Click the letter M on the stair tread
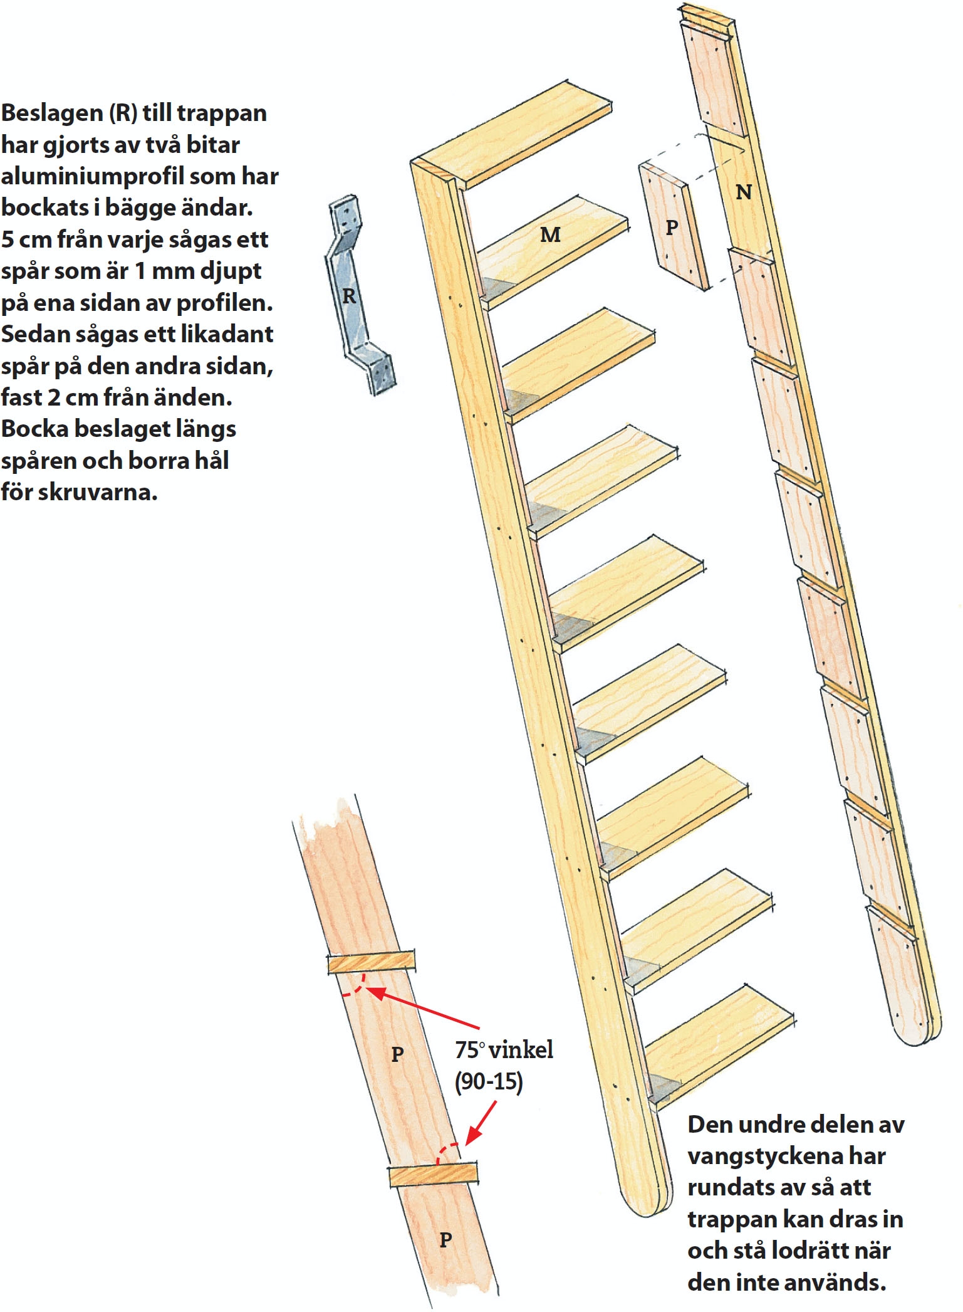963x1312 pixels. coord(550,234)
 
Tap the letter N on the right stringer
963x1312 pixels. coord(744,192)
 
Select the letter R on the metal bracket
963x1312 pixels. coord(349,295)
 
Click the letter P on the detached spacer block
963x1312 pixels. coord(672,228)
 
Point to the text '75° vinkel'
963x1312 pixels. coord(504,1049)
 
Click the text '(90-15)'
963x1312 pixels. coord(489,1081)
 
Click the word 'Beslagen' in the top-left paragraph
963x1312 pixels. coord(51,113)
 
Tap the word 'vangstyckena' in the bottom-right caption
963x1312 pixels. coord(786,1155)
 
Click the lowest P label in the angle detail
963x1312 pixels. coord(445,1239)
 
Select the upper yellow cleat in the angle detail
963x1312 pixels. coord(372,962)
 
